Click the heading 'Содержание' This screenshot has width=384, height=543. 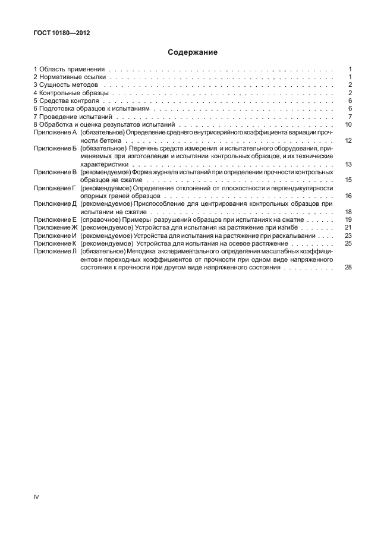pos(191,52)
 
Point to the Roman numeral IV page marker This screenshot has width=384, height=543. pos(36,496)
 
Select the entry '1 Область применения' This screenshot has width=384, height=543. pos(69,69)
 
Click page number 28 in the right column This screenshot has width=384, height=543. pos(349,268)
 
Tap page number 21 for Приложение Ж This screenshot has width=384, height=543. pos(349,228)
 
